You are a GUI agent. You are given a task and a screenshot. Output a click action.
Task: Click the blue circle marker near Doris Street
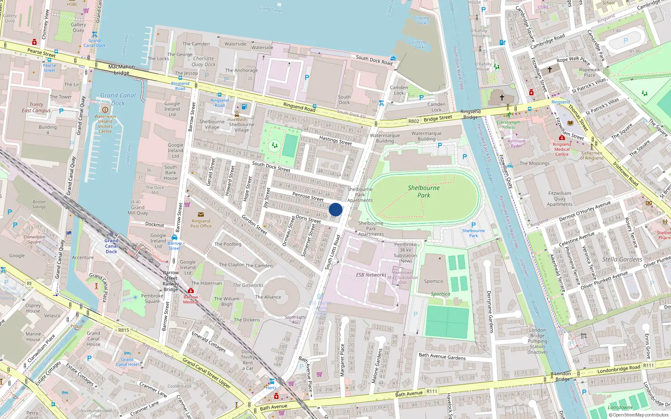335,209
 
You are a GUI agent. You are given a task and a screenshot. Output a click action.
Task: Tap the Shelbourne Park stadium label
424,191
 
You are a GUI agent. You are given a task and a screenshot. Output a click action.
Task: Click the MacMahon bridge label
122,70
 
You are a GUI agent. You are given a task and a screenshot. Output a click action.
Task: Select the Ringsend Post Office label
201,223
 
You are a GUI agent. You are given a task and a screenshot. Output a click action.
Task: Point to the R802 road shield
414,121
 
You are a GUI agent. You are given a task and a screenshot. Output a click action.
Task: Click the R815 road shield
124,330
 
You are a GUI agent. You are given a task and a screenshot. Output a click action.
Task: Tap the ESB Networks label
371,275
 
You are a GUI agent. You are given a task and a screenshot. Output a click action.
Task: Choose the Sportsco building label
433,281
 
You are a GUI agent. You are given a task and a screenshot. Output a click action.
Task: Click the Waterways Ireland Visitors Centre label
105,124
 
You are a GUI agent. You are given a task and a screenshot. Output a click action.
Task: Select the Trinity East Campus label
36,108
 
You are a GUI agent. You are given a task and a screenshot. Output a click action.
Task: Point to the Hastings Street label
335,140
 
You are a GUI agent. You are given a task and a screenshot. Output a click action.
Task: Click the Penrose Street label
308,197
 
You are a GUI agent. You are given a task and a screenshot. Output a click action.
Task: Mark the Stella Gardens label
622,259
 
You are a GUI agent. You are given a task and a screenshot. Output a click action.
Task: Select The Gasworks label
248,285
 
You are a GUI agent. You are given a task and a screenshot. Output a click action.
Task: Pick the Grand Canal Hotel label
127,362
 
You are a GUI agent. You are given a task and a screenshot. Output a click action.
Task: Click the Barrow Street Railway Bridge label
171,281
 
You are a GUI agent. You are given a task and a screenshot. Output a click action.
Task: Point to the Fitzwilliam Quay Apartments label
559,199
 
